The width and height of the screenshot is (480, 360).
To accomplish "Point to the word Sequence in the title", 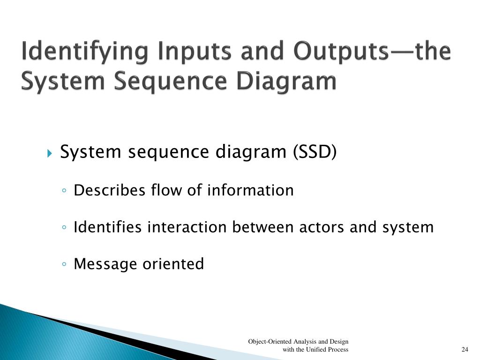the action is (x=172, y=81).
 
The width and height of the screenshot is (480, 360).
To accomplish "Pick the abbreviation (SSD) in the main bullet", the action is (x=315, y=152).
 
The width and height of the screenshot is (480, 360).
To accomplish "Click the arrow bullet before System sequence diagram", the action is (x=50, y=153).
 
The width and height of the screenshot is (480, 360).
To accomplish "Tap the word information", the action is (x=250, y=190).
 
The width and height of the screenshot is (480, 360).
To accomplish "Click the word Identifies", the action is (x=108, y=227).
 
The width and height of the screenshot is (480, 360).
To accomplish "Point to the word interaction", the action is (x=187, y=227).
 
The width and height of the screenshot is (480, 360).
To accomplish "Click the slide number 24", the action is (x=465, y=350).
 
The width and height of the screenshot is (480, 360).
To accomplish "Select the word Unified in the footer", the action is (x=315, y=350).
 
